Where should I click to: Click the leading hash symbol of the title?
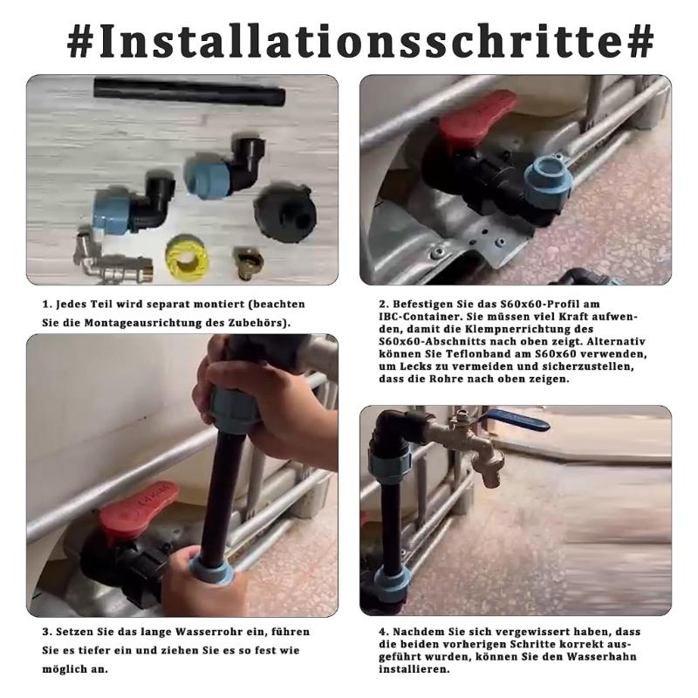[x=81, y=41]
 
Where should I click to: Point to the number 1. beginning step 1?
[x=48, y=305]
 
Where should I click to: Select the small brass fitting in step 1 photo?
[x=246, y=259]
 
